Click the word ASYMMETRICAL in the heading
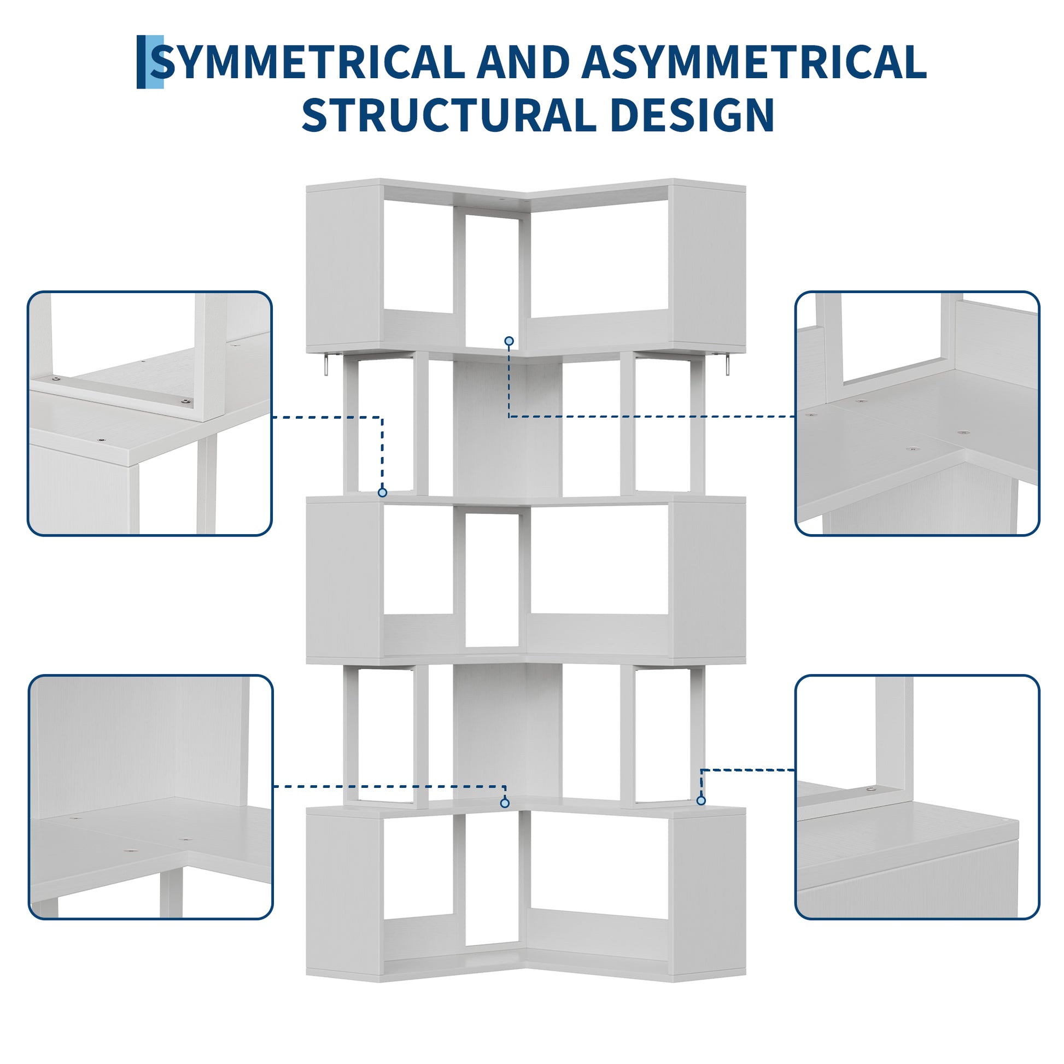[x=753, y=62]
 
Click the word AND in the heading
[x=523, y=62]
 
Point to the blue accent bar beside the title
[x=150, y=62]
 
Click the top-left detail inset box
[x=150, y=413]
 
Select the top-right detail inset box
[x=917, y=413]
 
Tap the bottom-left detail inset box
[x=150, y=797]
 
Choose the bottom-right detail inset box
[x=917, y=797]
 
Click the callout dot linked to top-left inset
[x=382, y=492]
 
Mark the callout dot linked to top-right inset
[x=509, y=341]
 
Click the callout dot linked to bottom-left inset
[x=505, y=804]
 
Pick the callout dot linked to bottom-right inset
[x=700, y=800]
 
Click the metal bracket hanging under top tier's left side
[x=326, y=365]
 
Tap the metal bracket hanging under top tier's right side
[x=727, y=365]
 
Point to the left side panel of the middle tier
[x=344, y=581]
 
